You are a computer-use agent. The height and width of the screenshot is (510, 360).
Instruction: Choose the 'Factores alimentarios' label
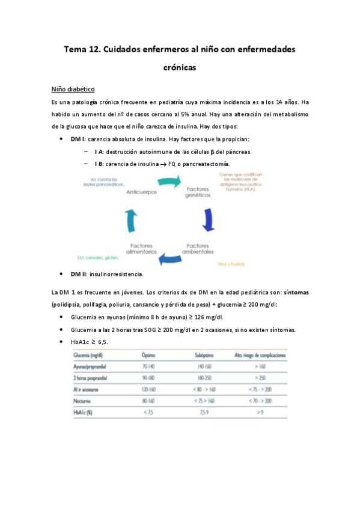[x=141, y=249]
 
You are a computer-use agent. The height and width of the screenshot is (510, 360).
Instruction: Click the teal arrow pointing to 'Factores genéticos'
[x=169, y=181]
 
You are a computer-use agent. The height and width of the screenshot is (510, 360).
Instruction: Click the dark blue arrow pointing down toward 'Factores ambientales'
[x=209, y=220]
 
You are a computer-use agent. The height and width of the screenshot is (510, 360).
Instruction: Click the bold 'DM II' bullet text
[x=78, y=275]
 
